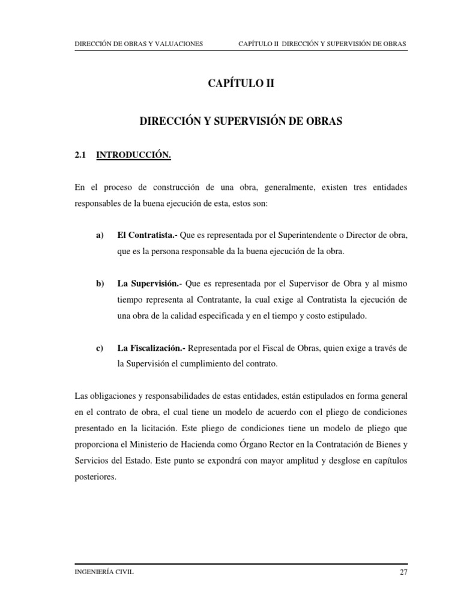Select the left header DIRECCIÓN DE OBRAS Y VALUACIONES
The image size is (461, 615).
pyautogui.click(x=138, y=44)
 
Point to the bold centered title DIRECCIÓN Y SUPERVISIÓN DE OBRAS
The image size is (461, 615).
pyautogui.click(x=240, y=121)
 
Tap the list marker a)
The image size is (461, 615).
pyautogui.click(x=100, y=235)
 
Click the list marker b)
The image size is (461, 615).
pyautogui.click(x=100, y=283)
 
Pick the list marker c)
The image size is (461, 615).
pyautogui.click(x=100, y=348)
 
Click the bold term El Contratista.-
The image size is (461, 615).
pyautogui.click(x=147, y=235)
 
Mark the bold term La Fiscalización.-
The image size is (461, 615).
pyautogui.click(x=152, y=348)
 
